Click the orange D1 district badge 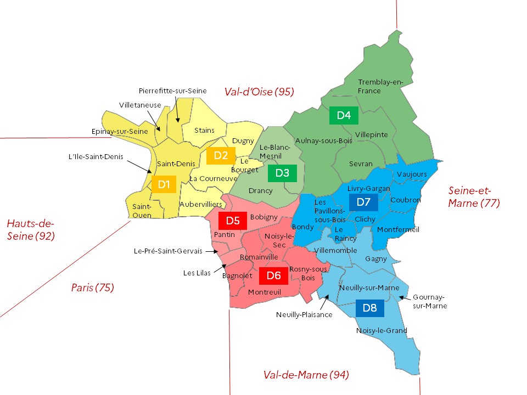click(164, 184)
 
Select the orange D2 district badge click(221, 155)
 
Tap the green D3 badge click(282, 173)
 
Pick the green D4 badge click(344, 115)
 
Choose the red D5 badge click(233, 221)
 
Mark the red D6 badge click(274, 275)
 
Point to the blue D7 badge click(363, 202)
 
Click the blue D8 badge click(370, 308)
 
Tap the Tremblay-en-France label click(380, 86)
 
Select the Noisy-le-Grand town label click(382, 330)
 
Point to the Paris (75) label click(92, 287)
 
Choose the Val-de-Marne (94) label click(306, 375)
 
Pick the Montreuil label click(264, 292)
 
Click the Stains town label click(204, 130)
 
